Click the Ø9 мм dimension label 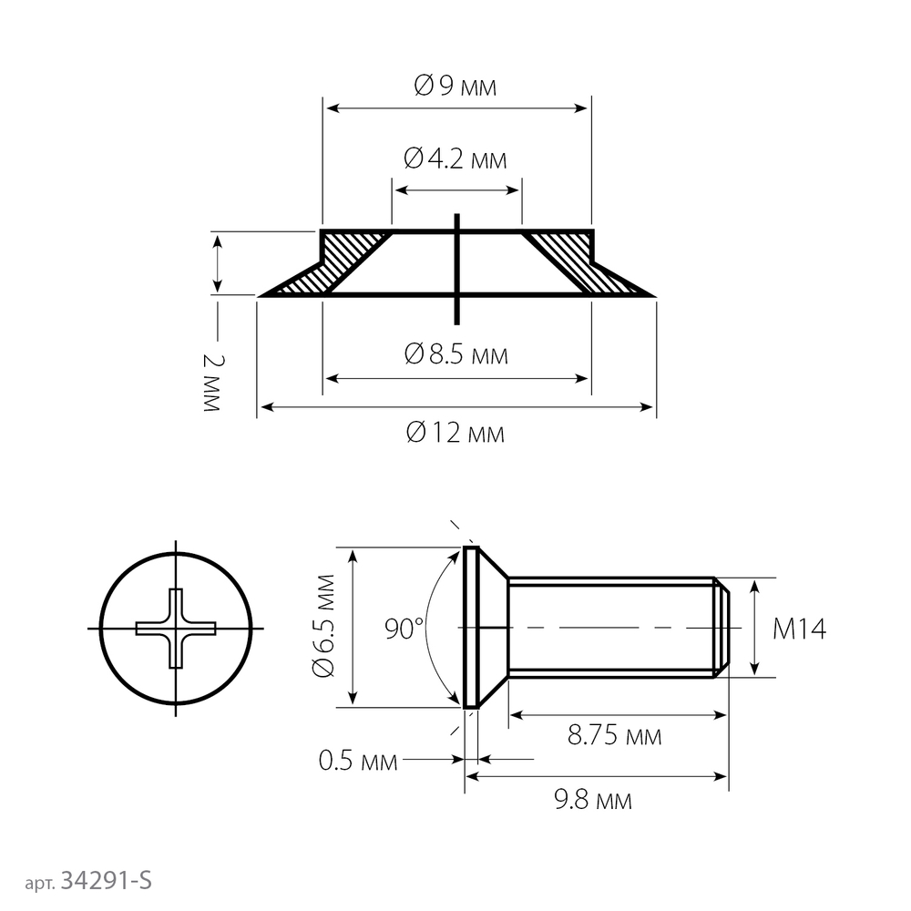[x=455, y=86]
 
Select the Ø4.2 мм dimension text [x=455, y=159]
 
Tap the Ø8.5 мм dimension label [x=456, y=353]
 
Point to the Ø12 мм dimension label [x=455, y=433]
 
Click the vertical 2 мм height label [x=212, y=383]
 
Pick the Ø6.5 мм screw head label [x=323, y=626]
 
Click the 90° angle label [x=404, y=628]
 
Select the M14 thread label [x=799, y=629]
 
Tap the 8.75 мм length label [x=614, y=735]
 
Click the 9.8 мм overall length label [x=593, y=800]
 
